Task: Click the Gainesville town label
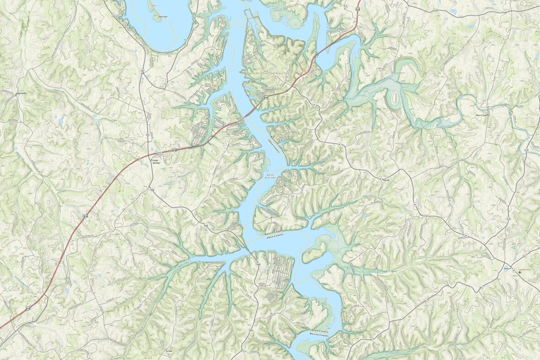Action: [21, 93]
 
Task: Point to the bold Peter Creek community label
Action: [482, 116]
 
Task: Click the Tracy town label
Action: [507, 269]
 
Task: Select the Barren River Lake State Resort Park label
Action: [268, 73]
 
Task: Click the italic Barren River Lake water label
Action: [271, 176]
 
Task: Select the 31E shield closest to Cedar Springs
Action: [174, 150]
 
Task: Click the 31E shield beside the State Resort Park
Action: [266, 97]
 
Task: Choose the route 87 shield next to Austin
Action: [380, 179]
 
